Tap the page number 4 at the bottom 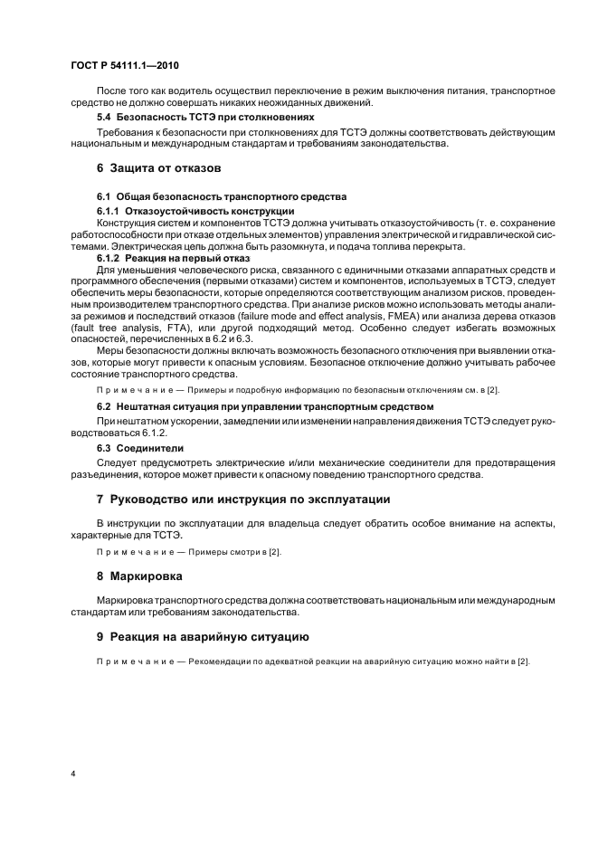tap(73, 774)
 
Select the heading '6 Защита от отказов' tap(159, 168)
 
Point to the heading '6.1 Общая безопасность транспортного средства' tap(222, 196)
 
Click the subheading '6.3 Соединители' tap(139, 447)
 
